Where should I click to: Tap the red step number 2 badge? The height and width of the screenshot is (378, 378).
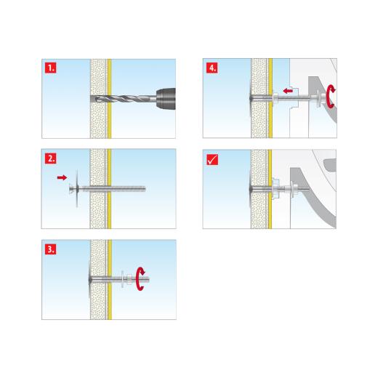pos(50,157)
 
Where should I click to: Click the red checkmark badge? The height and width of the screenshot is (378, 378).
pos(212,158)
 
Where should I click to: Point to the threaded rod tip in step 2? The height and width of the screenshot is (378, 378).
pos(144,189)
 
